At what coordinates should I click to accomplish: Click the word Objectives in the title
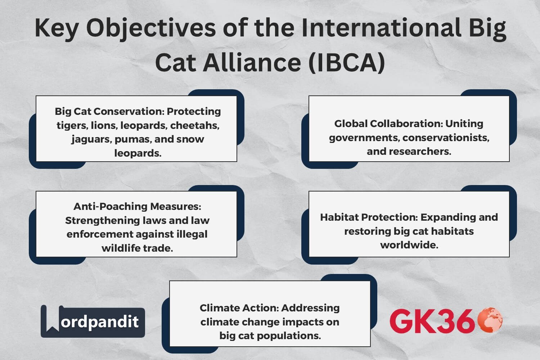click(x=151, y=28)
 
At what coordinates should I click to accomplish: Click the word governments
click(x=364, y=138)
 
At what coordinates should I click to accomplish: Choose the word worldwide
click(x=409, y=245)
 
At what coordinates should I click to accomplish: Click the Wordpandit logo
click(x=93, y=321)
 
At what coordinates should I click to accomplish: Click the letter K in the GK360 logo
click(x=427, y=321)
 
